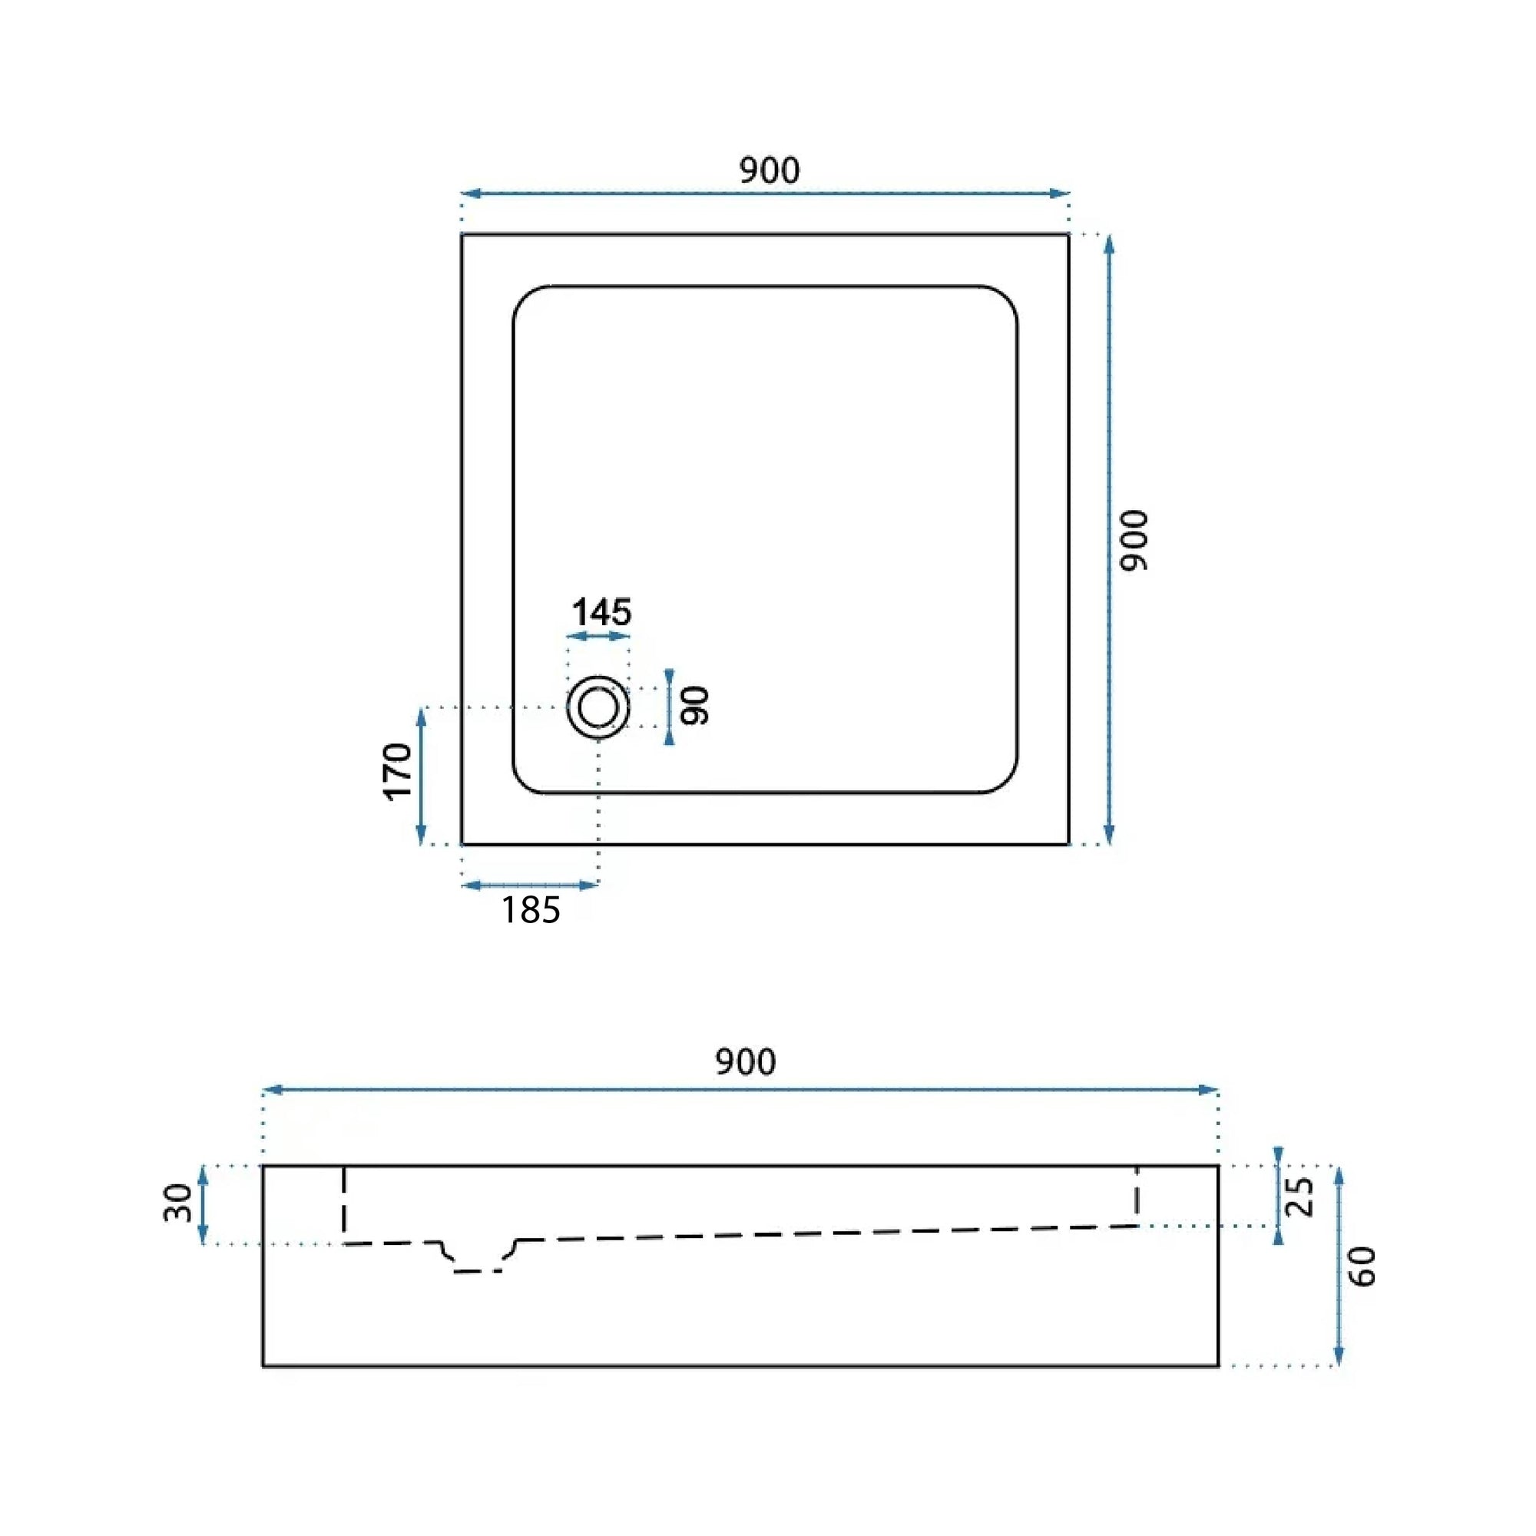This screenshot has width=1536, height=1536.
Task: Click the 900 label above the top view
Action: point(770,170)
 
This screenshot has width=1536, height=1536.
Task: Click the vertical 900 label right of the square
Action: point(1134,541)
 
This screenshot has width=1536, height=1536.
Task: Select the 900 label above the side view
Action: point(746,1062)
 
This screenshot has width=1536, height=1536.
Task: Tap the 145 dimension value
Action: point(601,612)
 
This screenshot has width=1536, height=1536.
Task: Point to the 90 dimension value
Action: point(695,705)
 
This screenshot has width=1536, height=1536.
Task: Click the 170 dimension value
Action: point(399,771)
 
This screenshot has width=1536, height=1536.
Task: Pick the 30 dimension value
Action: point(178,1203)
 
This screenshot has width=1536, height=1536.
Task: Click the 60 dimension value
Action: point(1362,1266)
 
